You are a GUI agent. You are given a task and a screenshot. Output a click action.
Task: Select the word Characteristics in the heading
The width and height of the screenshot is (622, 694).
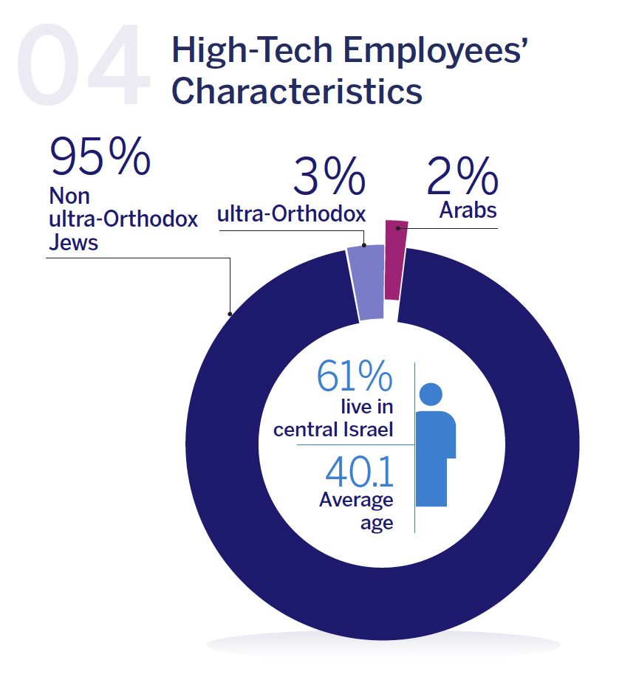click(296, 92)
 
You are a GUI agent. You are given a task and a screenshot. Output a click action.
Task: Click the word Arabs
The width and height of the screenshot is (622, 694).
click(468, 210)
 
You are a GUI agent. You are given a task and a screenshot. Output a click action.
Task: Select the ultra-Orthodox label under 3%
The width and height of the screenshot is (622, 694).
click(291, 215)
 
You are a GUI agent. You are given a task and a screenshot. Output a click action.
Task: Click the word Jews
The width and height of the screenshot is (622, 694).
click(73, 242)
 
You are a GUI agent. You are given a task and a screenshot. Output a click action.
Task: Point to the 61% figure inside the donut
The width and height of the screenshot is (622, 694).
click(354, 377)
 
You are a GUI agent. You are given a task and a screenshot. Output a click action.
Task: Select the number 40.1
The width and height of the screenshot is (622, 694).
click(359, 473)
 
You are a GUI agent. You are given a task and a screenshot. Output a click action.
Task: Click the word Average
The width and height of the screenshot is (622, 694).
click(356, 501)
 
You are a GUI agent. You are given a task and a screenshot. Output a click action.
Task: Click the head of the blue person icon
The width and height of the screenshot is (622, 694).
click(431, 395)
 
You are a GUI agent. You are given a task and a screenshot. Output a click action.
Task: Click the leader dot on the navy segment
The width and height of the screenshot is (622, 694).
click(230, 314)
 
